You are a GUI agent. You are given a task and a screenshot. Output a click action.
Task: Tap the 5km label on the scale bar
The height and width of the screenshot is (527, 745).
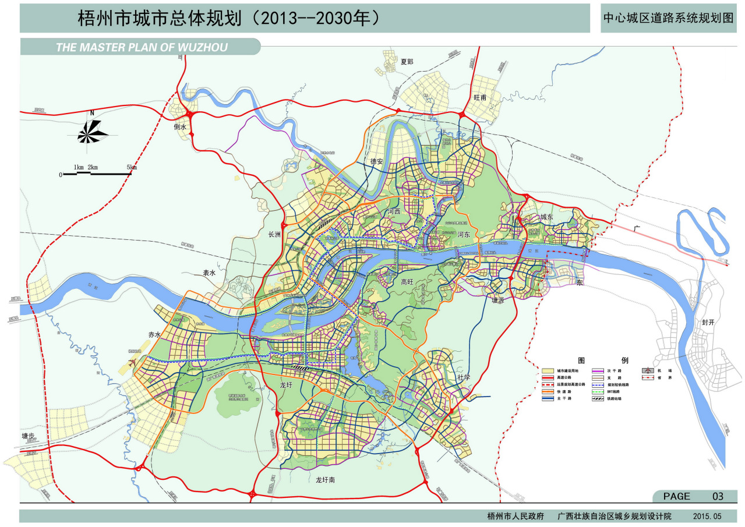pos(132,168)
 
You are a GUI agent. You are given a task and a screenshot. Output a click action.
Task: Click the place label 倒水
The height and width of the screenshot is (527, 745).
pos(180,126)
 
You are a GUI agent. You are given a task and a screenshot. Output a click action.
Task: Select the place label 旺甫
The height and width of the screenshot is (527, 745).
pos(480,98)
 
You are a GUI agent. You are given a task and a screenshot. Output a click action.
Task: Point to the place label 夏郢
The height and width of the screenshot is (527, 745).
pos(406,62)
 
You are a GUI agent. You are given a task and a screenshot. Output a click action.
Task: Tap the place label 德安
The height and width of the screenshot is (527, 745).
pos(376,161)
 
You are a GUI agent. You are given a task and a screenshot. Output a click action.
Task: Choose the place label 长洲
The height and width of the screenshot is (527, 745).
pos(274,235)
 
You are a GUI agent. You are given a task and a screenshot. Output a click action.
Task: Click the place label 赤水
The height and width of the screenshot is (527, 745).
pos(154,335)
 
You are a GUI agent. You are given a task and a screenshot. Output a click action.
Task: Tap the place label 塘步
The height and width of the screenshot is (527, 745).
pos(29,435)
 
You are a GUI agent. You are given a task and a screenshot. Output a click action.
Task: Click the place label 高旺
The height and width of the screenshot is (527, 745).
pos(407,282)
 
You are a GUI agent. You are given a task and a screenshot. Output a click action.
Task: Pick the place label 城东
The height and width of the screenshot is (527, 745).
pos(546,217)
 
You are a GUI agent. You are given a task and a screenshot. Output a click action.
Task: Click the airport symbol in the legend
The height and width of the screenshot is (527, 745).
pos(647,370)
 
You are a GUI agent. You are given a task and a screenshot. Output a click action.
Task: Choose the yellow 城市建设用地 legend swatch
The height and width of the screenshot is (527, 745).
pos(548,370)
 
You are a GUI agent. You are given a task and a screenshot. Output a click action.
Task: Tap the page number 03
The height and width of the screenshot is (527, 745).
pos(718,497)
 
